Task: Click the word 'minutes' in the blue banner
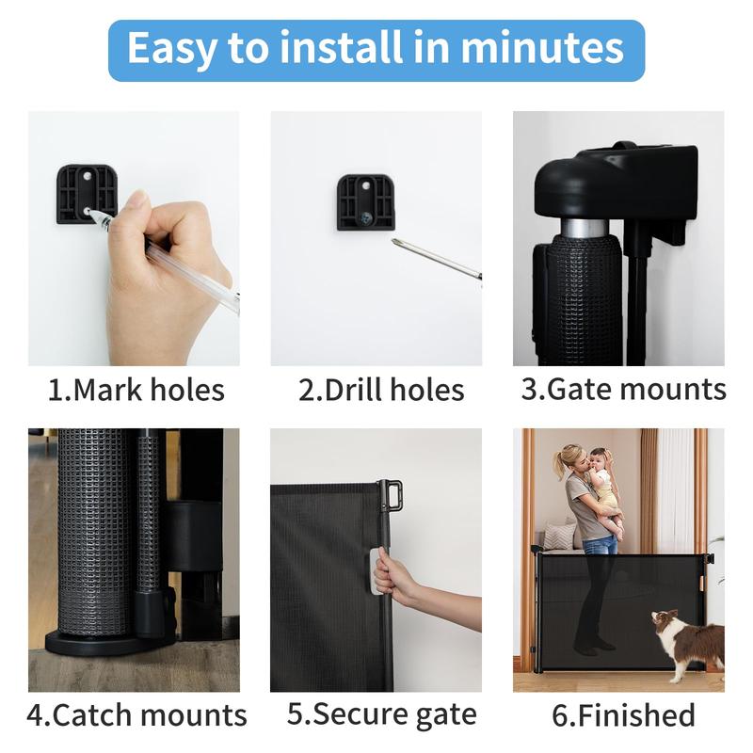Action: (542, 48)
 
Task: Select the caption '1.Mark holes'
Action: (136, 390)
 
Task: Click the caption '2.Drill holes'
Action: (381, 390)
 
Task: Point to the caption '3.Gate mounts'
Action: (624, 390)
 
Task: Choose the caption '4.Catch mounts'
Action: (136, 715)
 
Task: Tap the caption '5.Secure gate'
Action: (382, 715)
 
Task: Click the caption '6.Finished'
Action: (623, 715)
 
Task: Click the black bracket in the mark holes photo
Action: (87, 194)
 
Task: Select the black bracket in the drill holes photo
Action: (366, 202)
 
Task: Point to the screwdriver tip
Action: (394, 241)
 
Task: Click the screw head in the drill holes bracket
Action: (365, 218)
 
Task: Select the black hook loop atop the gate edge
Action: (392, 495)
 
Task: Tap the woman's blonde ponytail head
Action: (569, 460)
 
